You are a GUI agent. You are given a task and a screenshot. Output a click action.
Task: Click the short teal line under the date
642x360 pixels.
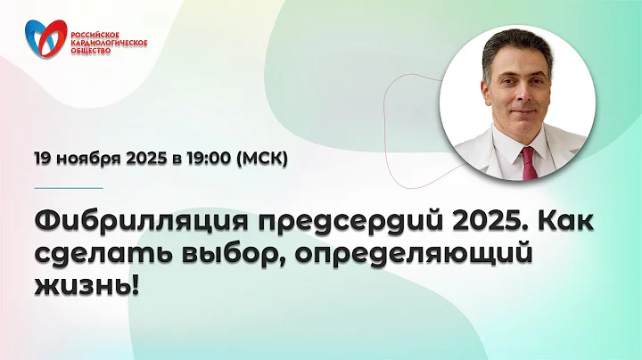(68, 188)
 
